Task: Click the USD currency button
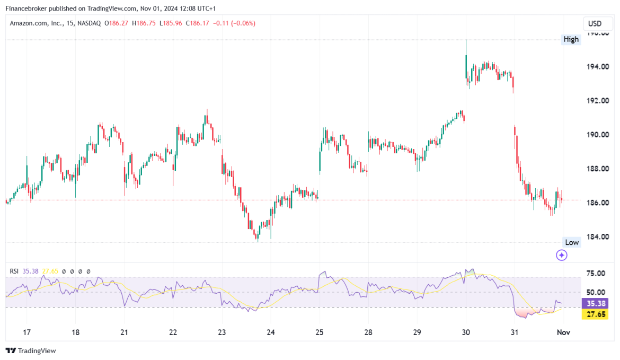click(x=595, y=24)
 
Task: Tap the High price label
click(x=571, y=39)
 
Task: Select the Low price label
click(x=572, y=242)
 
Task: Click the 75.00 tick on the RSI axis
click(x=596, y=274)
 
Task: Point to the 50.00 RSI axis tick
click(x=596, y=292)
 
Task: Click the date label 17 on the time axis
click(x=27, y=333)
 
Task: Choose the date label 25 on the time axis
click(x=320, y=333)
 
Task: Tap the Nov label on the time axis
click(x=563, y=333)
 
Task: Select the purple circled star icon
click(x=562, y=256)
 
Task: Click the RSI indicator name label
click(x=14, y=271)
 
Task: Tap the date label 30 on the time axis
click(x=466, y=333)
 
